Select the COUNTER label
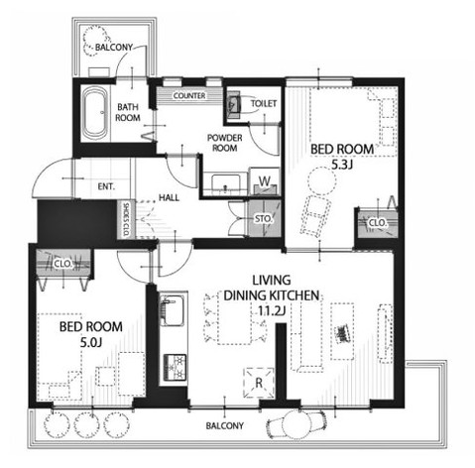(189, 96)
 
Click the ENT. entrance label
(106, 185)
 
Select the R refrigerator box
(257, 379)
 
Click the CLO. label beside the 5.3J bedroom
(377, 223)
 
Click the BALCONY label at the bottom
(226, 426)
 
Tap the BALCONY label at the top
(115, 47)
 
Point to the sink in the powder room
(225, 181)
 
